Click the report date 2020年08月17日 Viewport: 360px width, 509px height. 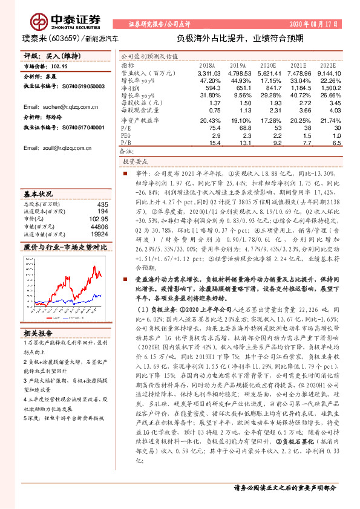click(313, 24)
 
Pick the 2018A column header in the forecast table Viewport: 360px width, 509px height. click(206, 64)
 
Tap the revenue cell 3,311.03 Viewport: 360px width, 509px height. click(207, 72)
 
